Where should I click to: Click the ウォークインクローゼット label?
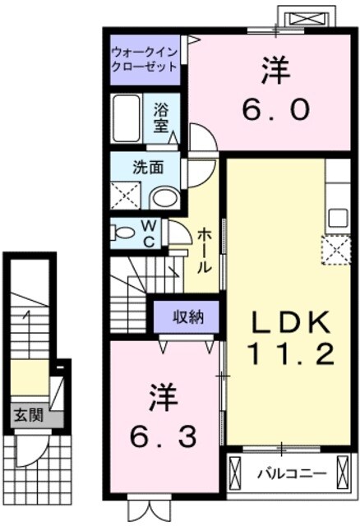[145, 58]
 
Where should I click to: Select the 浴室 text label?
[160, 117]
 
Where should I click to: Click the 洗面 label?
[148, 166]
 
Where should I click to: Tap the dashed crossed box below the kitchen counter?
[336, 250]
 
